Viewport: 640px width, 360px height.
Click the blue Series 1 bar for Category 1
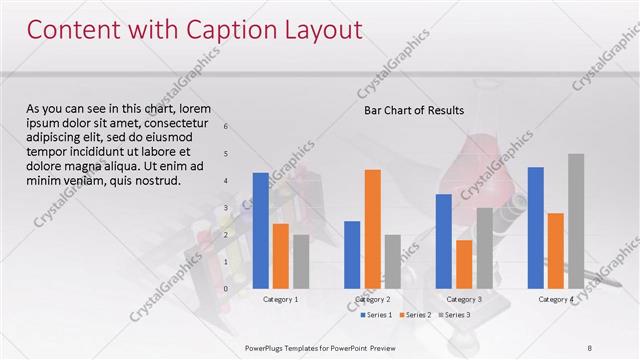click(x=260, y=231)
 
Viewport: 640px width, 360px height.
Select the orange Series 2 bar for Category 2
click(x=372, y=229)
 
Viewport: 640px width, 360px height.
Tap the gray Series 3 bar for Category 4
click(x=576, y=221)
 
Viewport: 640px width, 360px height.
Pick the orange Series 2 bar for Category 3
click(x=464, y=264)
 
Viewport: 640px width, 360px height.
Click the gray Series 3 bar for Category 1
click(x=301, y=261)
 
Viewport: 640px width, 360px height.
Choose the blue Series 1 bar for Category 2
click(x=352, y=254)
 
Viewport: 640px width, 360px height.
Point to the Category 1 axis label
click(x=280, y=299)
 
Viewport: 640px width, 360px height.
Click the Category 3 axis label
click(x=464, y=299)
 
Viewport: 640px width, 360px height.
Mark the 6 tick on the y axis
click(x=227, y=127)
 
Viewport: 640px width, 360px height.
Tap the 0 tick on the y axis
click(x=227, y=289)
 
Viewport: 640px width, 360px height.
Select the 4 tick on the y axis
click(x=227, y=181)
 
